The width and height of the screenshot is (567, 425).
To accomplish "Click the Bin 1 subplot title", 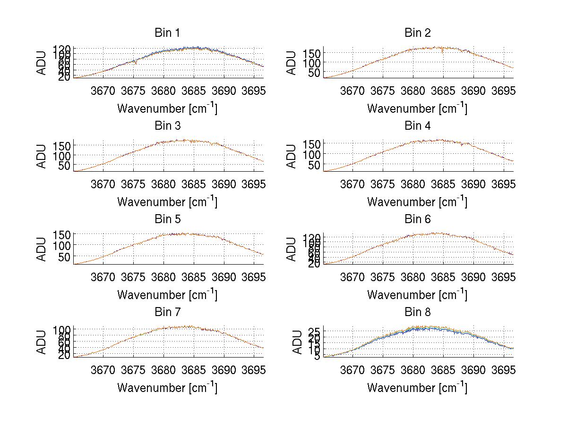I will click(x=167, y=33).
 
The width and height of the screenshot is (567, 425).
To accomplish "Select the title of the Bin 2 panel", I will click(x=417, y=33).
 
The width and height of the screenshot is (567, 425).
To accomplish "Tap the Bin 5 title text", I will click(x=167, y=219).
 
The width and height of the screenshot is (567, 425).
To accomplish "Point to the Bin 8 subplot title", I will click(x=417, y=312).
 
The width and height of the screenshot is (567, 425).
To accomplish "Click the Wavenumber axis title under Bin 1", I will click(x=167, y=108).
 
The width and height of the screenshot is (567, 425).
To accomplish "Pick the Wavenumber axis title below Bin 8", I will click(x=417, y=388).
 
